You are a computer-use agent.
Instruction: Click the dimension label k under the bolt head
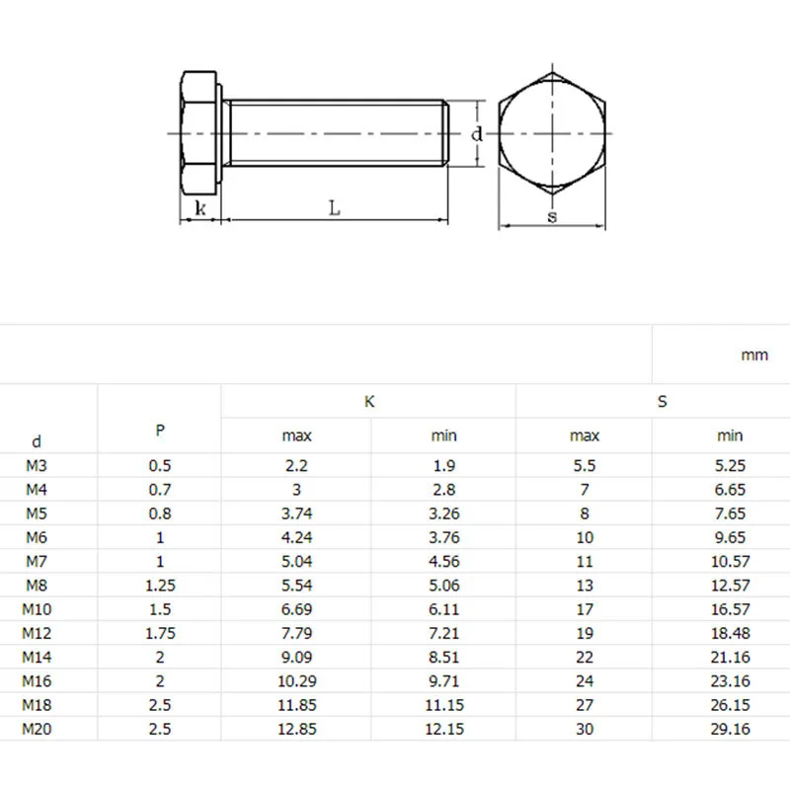[200, 207]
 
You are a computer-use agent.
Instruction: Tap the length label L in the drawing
[335, 207]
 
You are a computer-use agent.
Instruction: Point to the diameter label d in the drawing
[477, 134]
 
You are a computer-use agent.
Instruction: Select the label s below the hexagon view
[552, 216]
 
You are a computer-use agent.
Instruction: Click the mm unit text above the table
[754, 355]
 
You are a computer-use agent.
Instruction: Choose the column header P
[160, 431]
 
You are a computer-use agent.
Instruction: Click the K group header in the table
[369, 402]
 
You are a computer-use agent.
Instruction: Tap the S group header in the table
[662, 402]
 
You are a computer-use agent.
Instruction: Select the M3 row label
[37, 465]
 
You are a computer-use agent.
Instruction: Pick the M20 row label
[37, 729]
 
